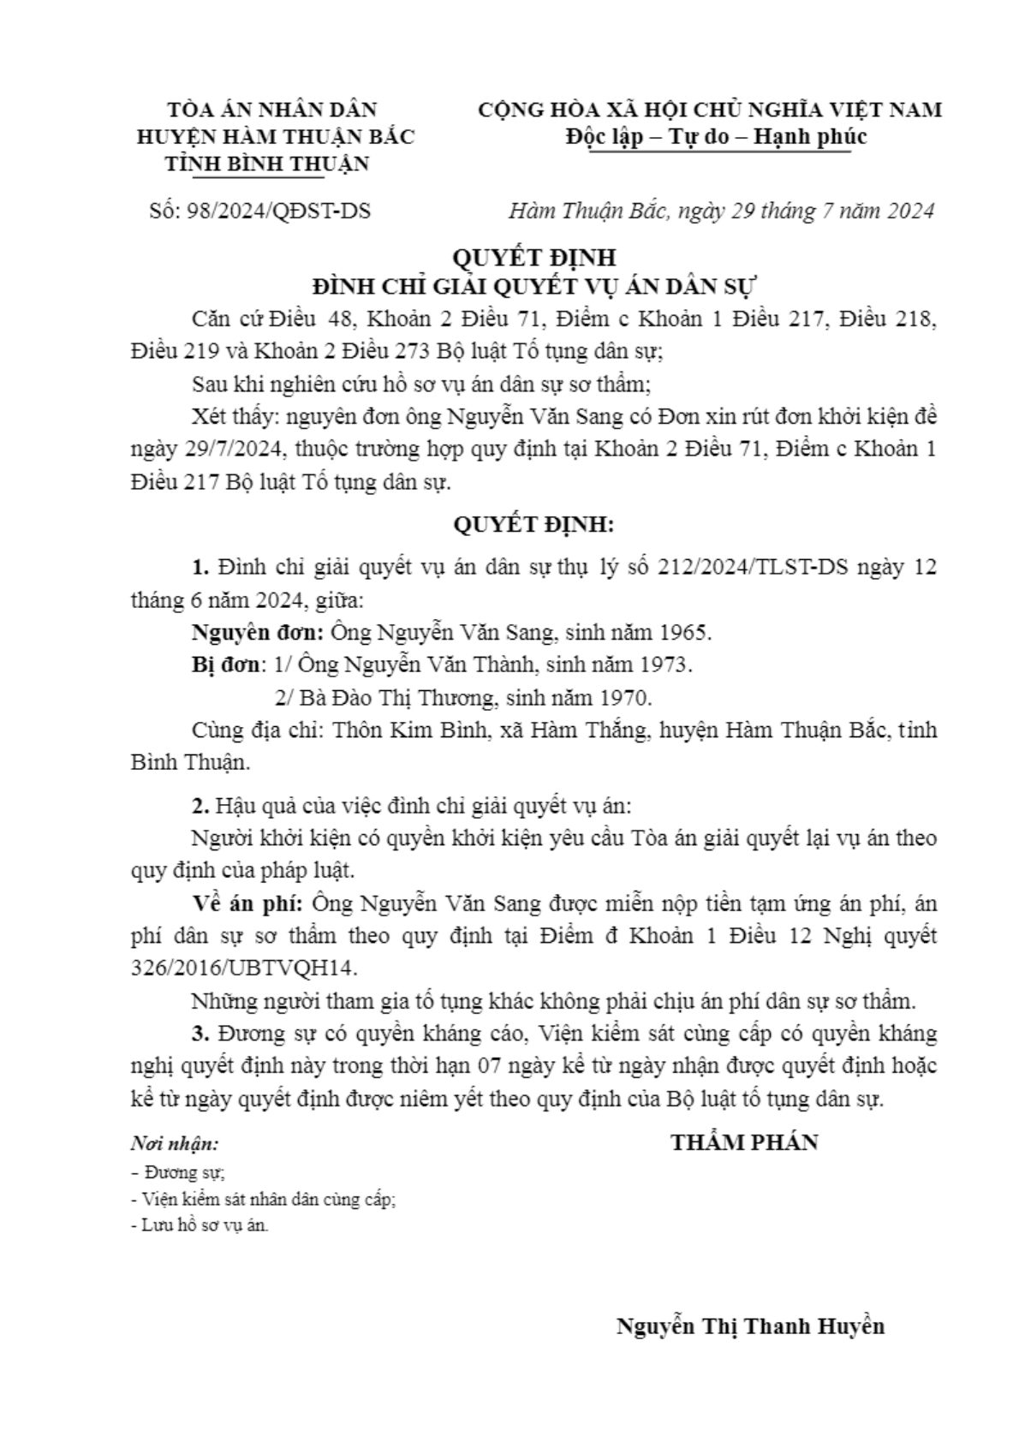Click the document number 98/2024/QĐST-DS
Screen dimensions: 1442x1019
pyautogui.click(x=278, y=211)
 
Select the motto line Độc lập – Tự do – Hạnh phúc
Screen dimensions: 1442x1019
pyautogui.click(x=716, y=137)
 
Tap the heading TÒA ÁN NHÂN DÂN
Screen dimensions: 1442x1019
pyautogui.click(x=272, y=110)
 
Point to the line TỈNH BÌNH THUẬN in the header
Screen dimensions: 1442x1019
pyautogui.click(x=267, y=164)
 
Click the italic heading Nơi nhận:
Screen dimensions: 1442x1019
pyautogui.click(x=175, y=1144)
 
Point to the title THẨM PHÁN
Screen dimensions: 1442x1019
pyautogui.click(x=744, y=1142)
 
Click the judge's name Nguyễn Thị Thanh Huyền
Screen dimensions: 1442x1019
pyautogui.click(x=750, y=1327)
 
